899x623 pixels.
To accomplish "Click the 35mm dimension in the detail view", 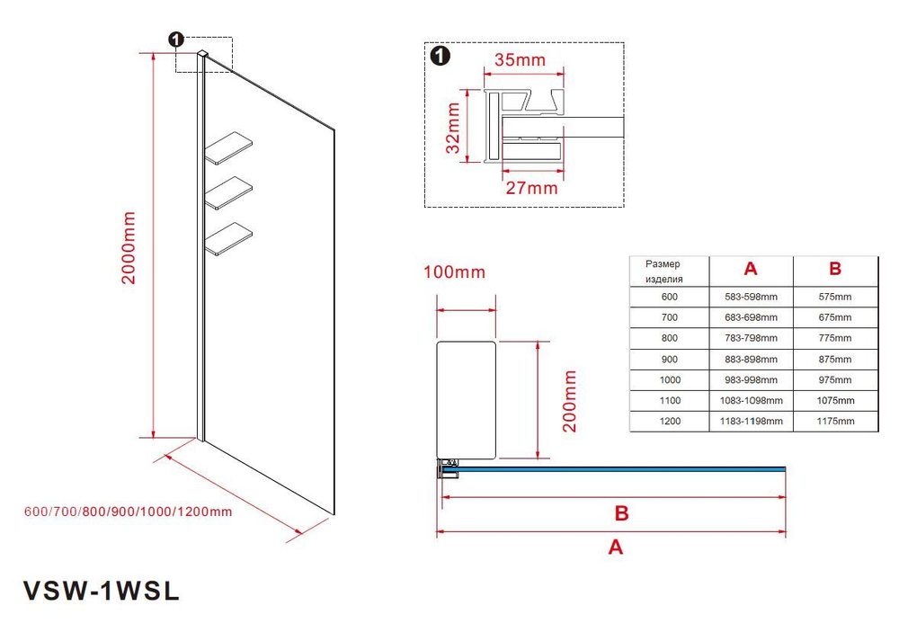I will [x=520, y=61].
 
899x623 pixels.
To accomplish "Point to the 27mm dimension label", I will [x=530, y=189].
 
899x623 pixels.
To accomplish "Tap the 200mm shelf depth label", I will [x=569, y=401].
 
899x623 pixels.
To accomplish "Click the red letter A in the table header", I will [x=751, y=269].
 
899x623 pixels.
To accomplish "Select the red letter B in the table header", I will [x=834, y=269].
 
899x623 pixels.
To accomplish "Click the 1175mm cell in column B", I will [x=834, y=421].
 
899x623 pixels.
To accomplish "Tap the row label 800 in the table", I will [x=669, y=338].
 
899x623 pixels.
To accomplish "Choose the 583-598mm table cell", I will [x=751, y=297].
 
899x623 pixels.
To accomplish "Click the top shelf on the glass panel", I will [x=229, y=149].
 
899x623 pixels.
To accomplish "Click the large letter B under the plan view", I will [x=620, y=514].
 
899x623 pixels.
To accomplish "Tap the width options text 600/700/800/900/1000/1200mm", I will [x=129, y=512].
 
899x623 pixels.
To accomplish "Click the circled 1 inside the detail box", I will [x=440, y=57].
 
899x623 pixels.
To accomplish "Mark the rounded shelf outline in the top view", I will [x=466, y=399].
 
